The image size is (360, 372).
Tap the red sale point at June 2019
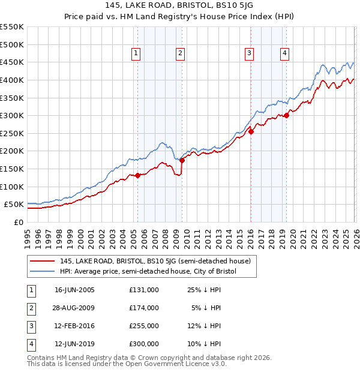[x=286, y=115]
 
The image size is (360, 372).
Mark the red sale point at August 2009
[x=182, y=160]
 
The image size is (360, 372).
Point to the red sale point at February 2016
[x=251, y=131]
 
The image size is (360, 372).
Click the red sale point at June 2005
[x=137, y=175]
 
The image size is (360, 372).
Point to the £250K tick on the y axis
[x=12, y=133]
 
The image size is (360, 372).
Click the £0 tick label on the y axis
[x=19, y=222]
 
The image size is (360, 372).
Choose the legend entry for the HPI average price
[x=148, y=271]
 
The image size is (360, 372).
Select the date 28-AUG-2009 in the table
[x=74, y=308]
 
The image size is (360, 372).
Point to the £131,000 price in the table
[x=143, y=290]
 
